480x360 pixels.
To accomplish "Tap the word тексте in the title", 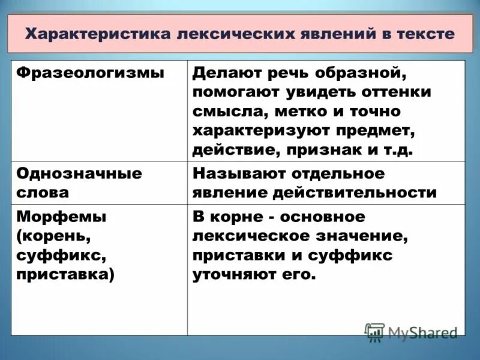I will (x=425, y=33).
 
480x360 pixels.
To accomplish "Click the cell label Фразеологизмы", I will (x=90, y=73).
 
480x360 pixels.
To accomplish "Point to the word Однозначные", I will (x=79, y=173).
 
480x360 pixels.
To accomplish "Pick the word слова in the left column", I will (x=43, y=193).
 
